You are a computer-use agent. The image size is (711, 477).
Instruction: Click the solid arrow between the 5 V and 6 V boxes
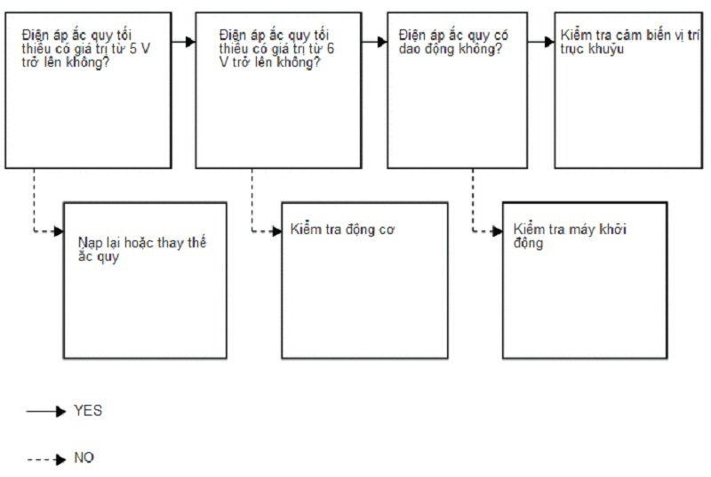tap(184, 42)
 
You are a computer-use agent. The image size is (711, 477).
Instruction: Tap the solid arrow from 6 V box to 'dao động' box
tap(375, 42)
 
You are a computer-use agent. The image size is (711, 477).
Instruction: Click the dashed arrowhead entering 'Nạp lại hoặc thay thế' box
tap(58, 231)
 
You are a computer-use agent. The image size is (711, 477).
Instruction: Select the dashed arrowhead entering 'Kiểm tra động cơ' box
tap(276, 231)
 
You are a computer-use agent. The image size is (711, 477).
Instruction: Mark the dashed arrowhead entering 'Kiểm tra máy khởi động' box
tap(497, 231)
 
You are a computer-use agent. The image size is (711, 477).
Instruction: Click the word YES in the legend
tap(88, 411)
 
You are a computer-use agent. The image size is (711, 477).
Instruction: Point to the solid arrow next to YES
tap(46, 412)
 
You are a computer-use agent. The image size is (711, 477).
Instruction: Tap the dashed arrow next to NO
tap(46, 459)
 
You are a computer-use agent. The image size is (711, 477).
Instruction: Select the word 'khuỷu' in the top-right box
tap(607, 48)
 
